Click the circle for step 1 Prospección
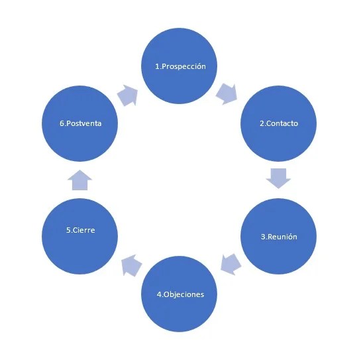tap(181, 66)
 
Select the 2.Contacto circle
tap(278, 123)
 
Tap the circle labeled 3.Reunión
tap(278, 237)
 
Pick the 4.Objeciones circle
tap(181, 294)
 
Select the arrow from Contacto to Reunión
tap(278, 178)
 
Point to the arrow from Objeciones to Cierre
tap(131, 265)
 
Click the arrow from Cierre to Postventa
tap(79, 179)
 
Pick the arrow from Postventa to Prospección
tap(127, 95)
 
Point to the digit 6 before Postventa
tap(61, 123)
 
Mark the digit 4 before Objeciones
tap(160, 294)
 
